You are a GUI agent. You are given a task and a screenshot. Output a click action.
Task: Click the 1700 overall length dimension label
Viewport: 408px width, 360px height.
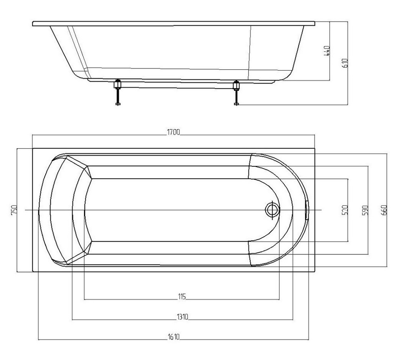coord(173,132)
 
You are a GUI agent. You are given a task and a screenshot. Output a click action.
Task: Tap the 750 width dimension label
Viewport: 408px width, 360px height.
coord(14,210)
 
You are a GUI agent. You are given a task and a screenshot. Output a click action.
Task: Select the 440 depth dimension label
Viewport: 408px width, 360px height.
coord(326,51)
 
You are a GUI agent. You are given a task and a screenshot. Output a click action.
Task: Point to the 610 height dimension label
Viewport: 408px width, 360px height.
coord(345,63)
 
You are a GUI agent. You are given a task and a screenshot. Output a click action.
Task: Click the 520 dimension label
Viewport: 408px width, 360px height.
coord(345,210)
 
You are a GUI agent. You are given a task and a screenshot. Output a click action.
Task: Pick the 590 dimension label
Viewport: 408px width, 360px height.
coord(365,210)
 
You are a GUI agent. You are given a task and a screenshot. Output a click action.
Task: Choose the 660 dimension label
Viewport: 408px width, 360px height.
coord(385,210)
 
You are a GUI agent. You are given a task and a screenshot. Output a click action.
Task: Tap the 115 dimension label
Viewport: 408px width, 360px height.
coord(182,296)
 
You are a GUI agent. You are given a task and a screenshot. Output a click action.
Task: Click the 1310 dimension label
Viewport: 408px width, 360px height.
coord(182,317)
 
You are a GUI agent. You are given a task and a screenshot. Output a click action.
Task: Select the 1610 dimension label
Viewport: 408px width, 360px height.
coord(173,337)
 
